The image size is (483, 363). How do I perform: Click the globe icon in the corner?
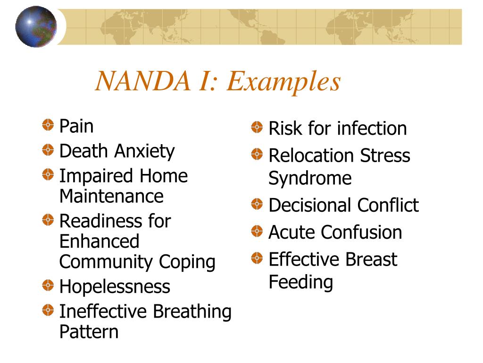36,27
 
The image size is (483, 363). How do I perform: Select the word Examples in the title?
283,82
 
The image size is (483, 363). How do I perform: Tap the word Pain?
76,127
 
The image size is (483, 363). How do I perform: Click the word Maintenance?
111,196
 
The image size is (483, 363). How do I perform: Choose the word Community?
106,262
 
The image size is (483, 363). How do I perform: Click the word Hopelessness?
115,286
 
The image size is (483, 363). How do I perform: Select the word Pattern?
89,331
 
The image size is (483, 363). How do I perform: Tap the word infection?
372,129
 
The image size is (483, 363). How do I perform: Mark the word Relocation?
311,156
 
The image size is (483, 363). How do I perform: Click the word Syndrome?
310,179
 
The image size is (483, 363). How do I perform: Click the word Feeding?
301,282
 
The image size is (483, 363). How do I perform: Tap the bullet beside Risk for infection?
257,127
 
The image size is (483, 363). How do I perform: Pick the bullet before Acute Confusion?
257,231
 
